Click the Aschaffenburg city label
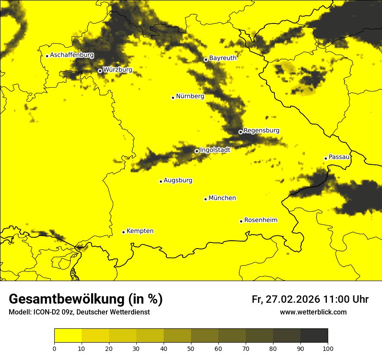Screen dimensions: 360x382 coord(72,55)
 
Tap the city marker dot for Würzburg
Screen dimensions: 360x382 coord(100,71)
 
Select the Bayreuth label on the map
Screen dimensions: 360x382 coord(223,58)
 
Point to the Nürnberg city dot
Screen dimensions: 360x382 coord(173,98)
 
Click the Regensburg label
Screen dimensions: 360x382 coord(261,131)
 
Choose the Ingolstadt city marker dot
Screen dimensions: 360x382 coord(197,151)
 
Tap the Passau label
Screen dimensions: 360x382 coord(339,157)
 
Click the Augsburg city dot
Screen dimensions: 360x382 coord(161,181)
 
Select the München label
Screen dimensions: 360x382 coord(222,198)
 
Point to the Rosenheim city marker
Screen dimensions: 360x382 coord(241,221)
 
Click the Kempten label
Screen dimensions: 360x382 coord(140,231)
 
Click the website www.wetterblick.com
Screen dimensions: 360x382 coord(313,312)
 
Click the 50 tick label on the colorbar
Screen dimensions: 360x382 coord(191,348)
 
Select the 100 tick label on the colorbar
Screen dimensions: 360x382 coord(328,348)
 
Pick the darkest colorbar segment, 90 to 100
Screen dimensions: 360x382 coord(314,336)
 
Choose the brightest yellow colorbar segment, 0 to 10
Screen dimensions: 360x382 coord(68,336)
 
